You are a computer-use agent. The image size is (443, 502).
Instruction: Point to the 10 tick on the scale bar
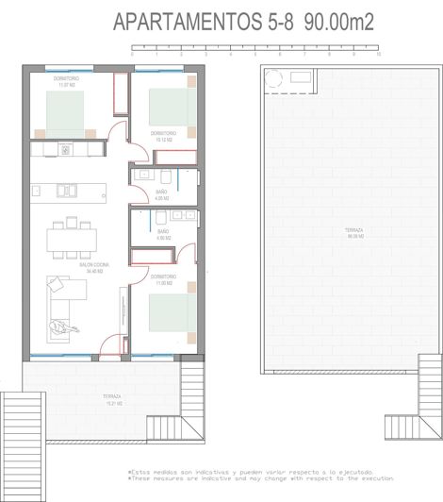[378, 55]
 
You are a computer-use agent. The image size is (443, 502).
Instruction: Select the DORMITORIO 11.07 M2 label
[66, 81]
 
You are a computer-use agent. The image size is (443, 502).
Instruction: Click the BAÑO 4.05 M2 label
[162, 195]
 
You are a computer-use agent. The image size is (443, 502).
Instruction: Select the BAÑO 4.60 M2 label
[163, 236]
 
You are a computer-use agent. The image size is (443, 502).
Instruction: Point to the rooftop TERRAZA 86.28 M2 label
[327, 232]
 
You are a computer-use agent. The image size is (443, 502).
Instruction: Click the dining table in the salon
[72, 237]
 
